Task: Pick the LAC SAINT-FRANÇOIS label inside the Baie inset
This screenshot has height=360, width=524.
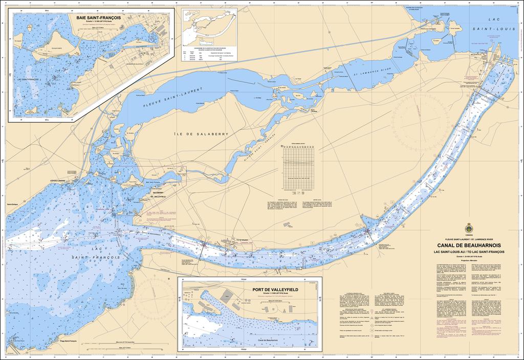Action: pyautogui.click(x=28, y=80)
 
